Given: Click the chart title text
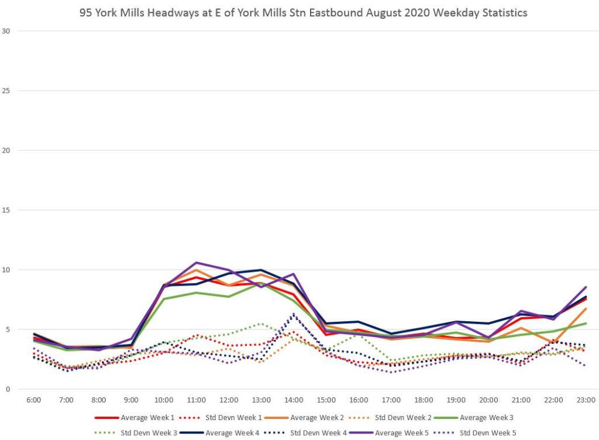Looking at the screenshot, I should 303,12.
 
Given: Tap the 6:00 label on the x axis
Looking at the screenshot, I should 33,400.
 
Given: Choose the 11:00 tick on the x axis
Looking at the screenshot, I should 196,400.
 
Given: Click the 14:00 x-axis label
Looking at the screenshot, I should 294,400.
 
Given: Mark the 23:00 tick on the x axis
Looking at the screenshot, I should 586,400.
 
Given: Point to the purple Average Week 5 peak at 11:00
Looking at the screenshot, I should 196,263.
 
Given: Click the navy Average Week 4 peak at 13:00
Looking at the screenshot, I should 261,270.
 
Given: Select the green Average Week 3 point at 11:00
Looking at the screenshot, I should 196,293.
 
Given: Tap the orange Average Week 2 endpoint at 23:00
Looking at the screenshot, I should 586,308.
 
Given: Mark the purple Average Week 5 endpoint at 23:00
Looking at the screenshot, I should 586,287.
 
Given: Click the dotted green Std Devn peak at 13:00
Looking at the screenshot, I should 261,324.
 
